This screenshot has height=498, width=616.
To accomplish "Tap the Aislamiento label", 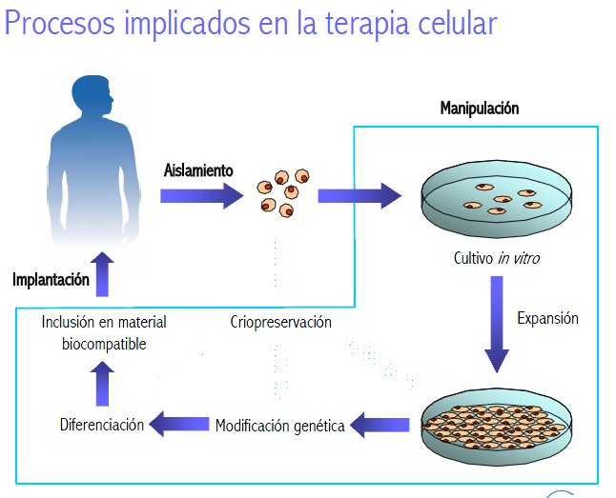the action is click(198, 170).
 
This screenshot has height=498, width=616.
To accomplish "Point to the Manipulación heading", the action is click(480, 109).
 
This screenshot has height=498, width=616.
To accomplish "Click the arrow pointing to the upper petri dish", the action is click(359, 195).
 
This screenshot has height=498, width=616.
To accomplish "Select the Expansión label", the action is click(547, 318).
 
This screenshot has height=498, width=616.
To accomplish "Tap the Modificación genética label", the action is click(279, 426).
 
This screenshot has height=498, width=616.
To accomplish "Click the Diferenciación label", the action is click(101, 425).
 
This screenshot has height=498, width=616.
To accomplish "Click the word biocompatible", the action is click(106, 344).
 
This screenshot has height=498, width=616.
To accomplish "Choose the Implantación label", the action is click(51, 280).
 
